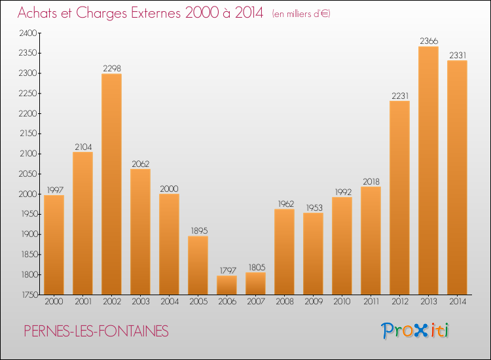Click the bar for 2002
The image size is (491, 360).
click(x=111, y=184)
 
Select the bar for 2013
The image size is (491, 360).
click(x=428, y=170)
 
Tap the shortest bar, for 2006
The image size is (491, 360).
click(x=227, y=285)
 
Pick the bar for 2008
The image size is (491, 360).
click(x=284, y=251)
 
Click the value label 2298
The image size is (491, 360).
click(x=111, y=68)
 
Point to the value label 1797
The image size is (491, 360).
click(x=227, y=270)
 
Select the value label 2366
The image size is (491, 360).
click(x=428, y=41)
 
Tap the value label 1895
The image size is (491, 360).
click(x=198, y=230)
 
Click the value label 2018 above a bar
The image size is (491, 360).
click(x=371, y=181)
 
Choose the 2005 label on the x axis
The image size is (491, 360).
click(x=198, y=302)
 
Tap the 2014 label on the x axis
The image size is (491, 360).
click(x=457, y=302)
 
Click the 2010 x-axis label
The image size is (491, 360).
click(x=342, y=302)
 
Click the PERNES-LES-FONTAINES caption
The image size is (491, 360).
click(x=96, y=331)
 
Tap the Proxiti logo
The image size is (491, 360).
click(x=414, y=331)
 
